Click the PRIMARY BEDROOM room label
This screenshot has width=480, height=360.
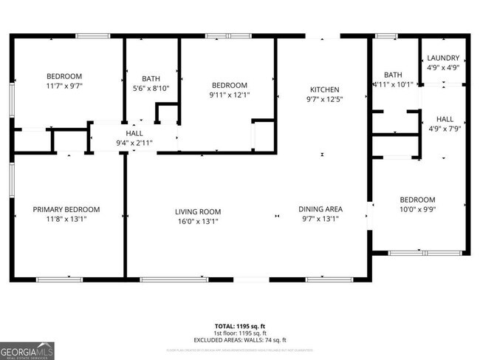(x=66, y=209)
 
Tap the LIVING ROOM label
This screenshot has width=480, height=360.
(x=198, y=210)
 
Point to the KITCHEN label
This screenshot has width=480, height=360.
(x=323, y=89)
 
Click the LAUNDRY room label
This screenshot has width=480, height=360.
(x=443, y=58)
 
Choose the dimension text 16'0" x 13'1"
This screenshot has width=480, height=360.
(x=198, y=220)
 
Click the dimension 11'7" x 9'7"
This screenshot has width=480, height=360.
(x=64, y=86)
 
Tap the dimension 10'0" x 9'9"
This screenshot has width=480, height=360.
(x=417, y=210)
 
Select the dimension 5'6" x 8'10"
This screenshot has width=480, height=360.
(x=151, y=89)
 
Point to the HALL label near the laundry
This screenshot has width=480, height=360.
(x=445, y=119)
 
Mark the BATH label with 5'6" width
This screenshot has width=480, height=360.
(x=151, y=78)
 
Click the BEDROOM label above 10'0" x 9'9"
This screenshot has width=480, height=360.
(x=417, y=200)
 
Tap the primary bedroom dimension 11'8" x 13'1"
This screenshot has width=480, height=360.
(x=66, y=220)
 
